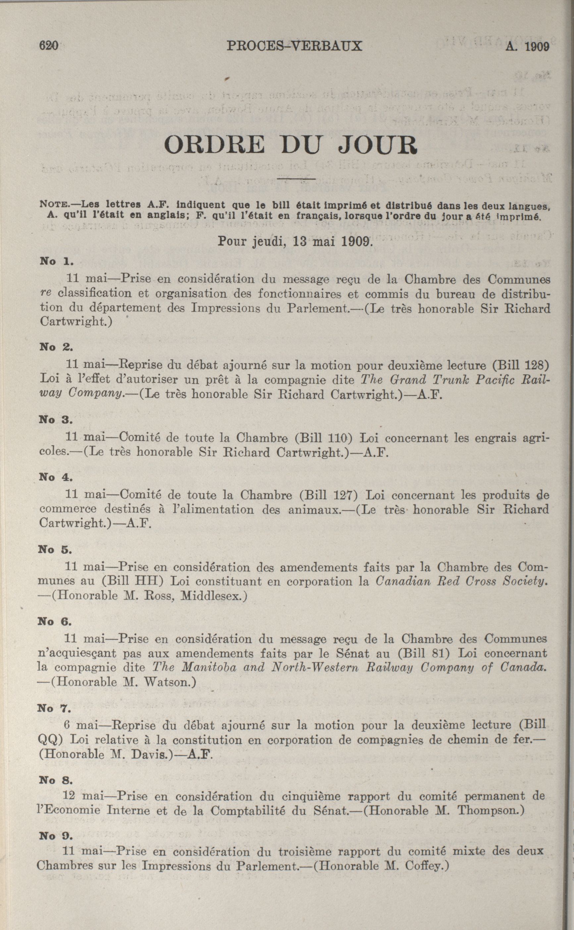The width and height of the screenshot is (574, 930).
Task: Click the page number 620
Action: coord(48,46)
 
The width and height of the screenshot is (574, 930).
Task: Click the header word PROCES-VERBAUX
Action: coord(294,46)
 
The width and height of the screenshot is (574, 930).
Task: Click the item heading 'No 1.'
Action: coord(57,262)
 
